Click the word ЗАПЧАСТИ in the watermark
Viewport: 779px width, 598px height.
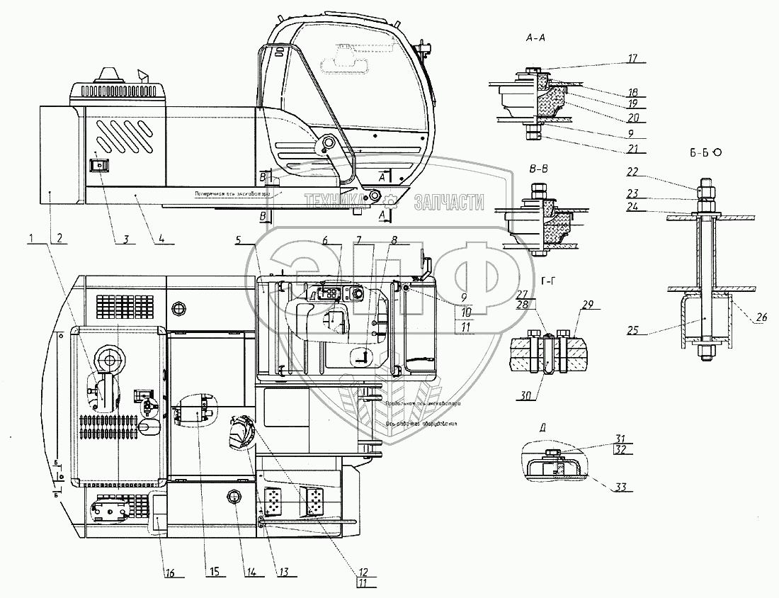(449, 202)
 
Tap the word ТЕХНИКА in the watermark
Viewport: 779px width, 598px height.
(332, 202)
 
